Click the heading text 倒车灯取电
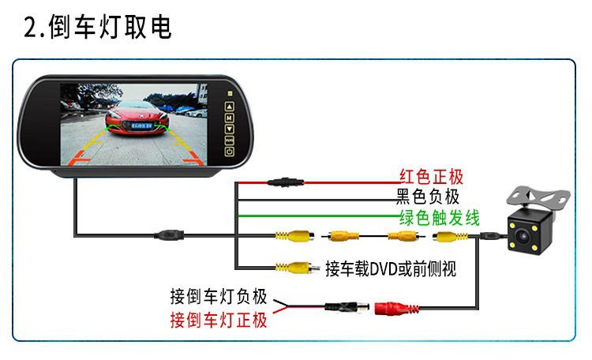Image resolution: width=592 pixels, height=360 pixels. coord(110,27)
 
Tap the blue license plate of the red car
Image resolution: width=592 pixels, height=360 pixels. coord(141,125)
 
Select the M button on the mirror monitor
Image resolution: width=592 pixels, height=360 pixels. coord(229,118)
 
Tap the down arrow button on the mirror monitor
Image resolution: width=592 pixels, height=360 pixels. coord(229,129)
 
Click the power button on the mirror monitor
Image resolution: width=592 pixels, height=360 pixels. coord(229,152)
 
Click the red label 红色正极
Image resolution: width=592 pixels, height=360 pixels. coord(432,176)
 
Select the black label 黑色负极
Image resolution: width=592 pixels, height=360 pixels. coord(428,197)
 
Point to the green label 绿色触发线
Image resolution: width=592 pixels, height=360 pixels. coord(440,218)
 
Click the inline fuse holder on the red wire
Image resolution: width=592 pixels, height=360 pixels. coord(286,182)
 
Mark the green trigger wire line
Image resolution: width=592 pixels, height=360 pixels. coord(319,216)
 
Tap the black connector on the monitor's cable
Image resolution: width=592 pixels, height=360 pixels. coord(169,235)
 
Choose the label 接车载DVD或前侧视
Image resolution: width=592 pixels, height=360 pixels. coord(391,268)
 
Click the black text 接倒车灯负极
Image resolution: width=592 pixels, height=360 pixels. coord(219,296)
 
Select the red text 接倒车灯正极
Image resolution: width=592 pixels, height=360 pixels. coord(219,320)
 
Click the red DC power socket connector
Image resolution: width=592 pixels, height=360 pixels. coord(396,308)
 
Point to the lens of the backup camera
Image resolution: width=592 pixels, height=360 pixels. coord(524,236)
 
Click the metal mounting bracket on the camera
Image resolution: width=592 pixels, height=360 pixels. coord(538,196)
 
